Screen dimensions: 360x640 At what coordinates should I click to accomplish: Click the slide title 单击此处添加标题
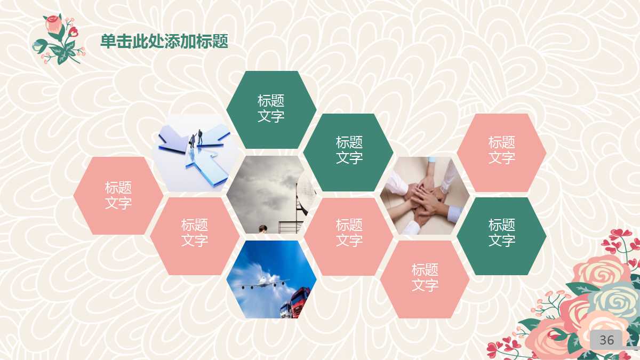(164, 41)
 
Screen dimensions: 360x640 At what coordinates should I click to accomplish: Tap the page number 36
(606, 340)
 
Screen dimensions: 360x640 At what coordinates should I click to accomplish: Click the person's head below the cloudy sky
(263, 229)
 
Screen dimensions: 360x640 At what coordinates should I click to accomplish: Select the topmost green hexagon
(271, 109)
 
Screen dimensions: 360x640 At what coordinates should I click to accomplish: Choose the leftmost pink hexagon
(118, 196)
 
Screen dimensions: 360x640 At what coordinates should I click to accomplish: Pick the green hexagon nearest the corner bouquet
(501, 236)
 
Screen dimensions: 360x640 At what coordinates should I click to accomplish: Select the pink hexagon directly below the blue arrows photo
(195, 236)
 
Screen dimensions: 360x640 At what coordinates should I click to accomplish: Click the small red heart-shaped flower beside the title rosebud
(73, 31)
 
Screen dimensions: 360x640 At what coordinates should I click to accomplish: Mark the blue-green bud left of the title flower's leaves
(38, 45)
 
